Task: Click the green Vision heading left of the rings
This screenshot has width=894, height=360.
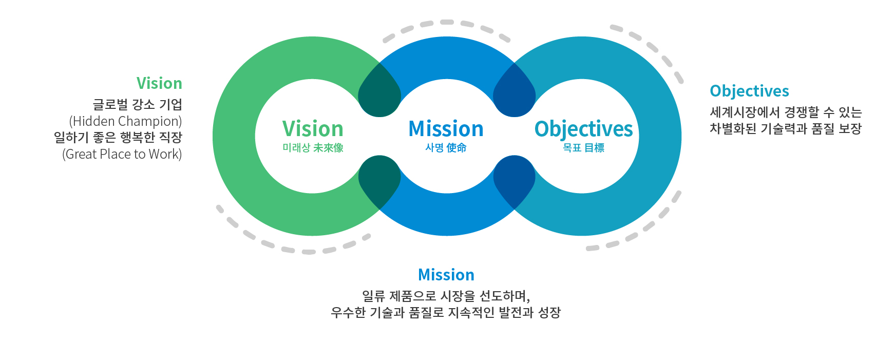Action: click(x=159, y=83)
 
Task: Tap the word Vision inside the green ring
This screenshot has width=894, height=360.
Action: click(x=313, y=129)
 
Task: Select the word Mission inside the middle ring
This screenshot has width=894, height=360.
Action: click(x=446, y=129)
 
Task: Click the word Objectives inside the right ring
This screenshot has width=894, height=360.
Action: click(x=584, y=130)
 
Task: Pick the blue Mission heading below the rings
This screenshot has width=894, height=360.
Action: click(x=446, y=275)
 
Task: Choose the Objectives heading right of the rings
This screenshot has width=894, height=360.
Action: click(x=749, y=91)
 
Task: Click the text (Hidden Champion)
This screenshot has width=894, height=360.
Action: click(x=125, y=121)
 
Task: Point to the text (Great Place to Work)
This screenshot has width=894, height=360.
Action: click(x=122, y=154)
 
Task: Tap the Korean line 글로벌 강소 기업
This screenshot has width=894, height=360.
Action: click(x=138, y=105)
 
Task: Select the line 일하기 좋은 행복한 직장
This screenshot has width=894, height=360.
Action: click(x=118, y=138)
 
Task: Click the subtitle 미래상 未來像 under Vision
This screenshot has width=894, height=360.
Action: click(x=313, y=148)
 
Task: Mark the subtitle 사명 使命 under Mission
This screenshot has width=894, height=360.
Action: click(x=446, y=148)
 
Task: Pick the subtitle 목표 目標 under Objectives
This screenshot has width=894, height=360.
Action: click(x=583, y=148)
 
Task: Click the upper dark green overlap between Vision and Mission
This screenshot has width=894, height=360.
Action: click(x=379, y=93)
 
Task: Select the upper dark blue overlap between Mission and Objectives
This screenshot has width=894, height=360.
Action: click(x=515, y=93)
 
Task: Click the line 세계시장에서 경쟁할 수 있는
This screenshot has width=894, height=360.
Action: click(x=786, y=112)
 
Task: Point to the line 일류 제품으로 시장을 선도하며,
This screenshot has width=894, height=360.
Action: click(x=446, y=296)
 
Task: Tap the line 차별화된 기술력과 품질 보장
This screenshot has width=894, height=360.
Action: click(x=786, y=129)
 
